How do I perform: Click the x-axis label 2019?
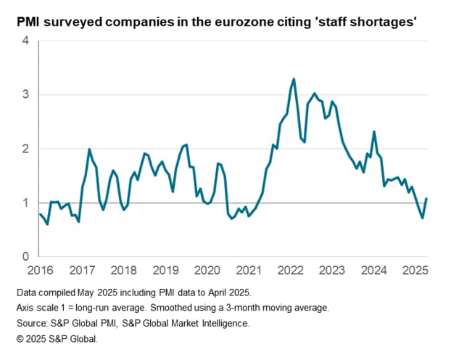tap(165, 271)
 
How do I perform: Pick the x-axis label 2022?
tap(291, 271)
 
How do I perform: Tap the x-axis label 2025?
tap(415, 271)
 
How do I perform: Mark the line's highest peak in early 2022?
tap(294, 78)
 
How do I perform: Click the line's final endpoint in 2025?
tap(426, 198)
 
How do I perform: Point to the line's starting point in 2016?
tap(39, 213)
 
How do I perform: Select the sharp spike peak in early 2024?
tap(374, 131)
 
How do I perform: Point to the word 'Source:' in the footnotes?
tap(33, 323)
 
